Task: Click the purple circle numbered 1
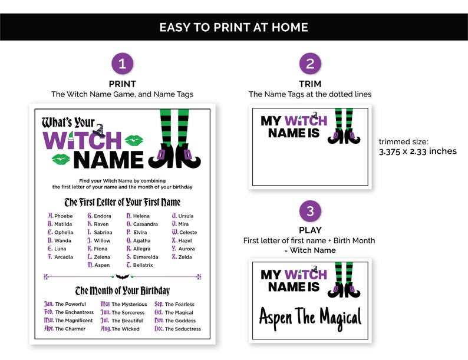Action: click(122, 64)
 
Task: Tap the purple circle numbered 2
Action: click(310, 64)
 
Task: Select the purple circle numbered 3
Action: click(310, 211)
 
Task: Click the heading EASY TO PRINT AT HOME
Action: click(234, 27)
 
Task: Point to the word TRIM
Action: click(310, 84)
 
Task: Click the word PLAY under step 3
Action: click(310, 230)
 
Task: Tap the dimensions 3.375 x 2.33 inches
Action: click(417, 151)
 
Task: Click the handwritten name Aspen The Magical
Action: click(310, 318)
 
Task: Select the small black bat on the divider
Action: click(122, 276)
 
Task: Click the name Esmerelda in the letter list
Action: click(145, 257)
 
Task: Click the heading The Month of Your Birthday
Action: click(122, 290)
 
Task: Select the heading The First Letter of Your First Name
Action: click(122, 202)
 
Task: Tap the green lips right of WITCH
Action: click(135, 140)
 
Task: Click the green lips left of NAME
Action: click(61, 159)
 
